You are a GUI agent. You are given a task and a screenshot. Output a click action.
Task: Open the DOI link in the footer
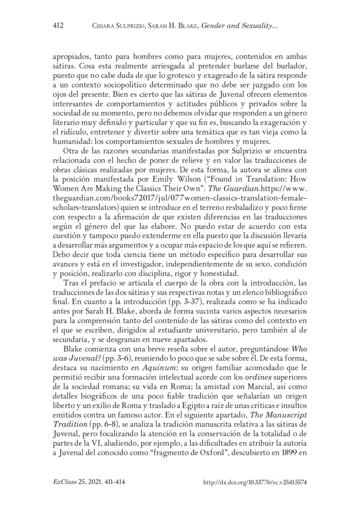[255, 482]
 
